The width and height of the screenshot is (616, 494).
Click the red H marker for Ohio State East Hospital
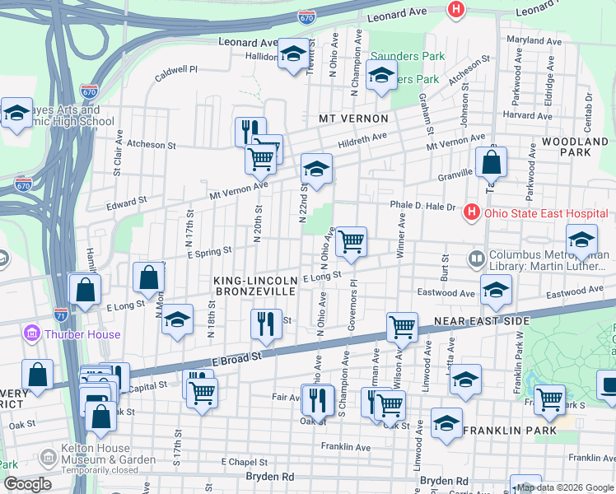tap(472, 212)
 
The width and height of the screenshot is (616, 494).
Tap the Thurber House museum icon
tap(32, 334)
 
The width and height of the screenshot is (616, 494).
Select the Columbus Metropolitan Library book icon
tap(476, 259)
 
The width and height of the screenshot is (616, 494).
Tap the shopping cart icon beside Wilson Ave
tap(402, 326)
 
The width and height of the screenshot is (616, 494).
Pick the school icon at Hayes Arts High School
tap(16, 115)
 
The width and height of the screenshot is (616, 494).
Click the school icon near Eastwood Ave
tap(497, 290)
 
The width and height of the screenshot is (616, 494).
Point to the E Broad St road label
tap(237, 358)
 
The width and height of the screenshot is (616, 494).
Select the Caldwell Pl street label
tap(176, 72)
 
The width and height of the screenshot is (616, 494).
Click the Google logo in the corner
tap(27, 484)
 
